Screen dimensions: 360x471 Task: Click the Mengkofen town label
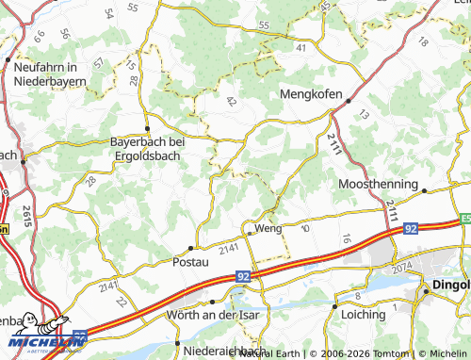315,94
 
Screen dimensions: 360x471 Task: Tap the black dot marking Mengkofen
349,101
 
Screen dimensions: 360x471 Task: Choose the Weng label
268,229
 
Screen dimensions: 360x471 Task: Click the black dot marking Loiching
335,305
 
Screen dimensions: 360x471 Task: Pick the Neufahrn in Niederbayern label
51,74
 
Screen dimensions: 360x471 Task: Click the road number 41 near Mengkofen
300,46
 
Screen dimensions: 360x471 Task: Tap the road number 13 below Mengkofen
364,114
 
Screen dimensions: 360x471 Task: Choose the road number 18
422,42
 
